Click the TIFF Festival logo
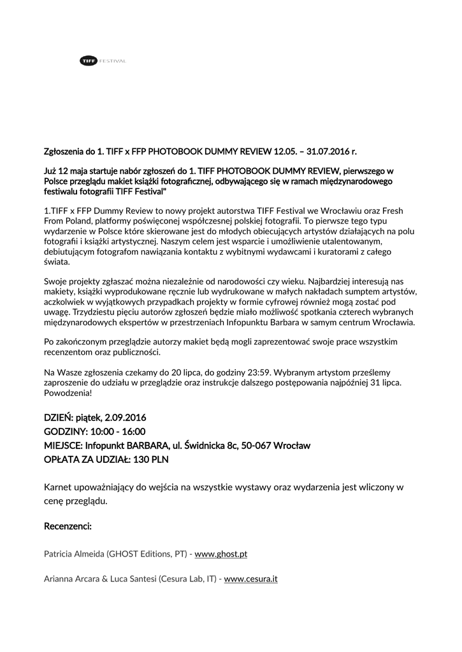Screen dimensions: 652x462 [103, 60]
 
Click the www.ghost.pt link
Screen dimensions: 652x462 [220, 554]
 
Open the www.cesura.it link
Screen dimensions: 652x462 [250, 579]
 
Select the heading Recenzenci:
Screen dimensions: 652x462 [68, 527]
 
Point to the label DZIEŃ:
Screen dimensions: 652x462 [59, 418]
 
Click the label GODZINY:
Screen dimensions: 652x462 [66, 432]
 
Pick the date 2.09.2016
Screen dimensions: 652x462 [124, 418]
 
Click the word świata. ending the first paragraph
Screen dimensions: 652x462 [57, 262]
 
